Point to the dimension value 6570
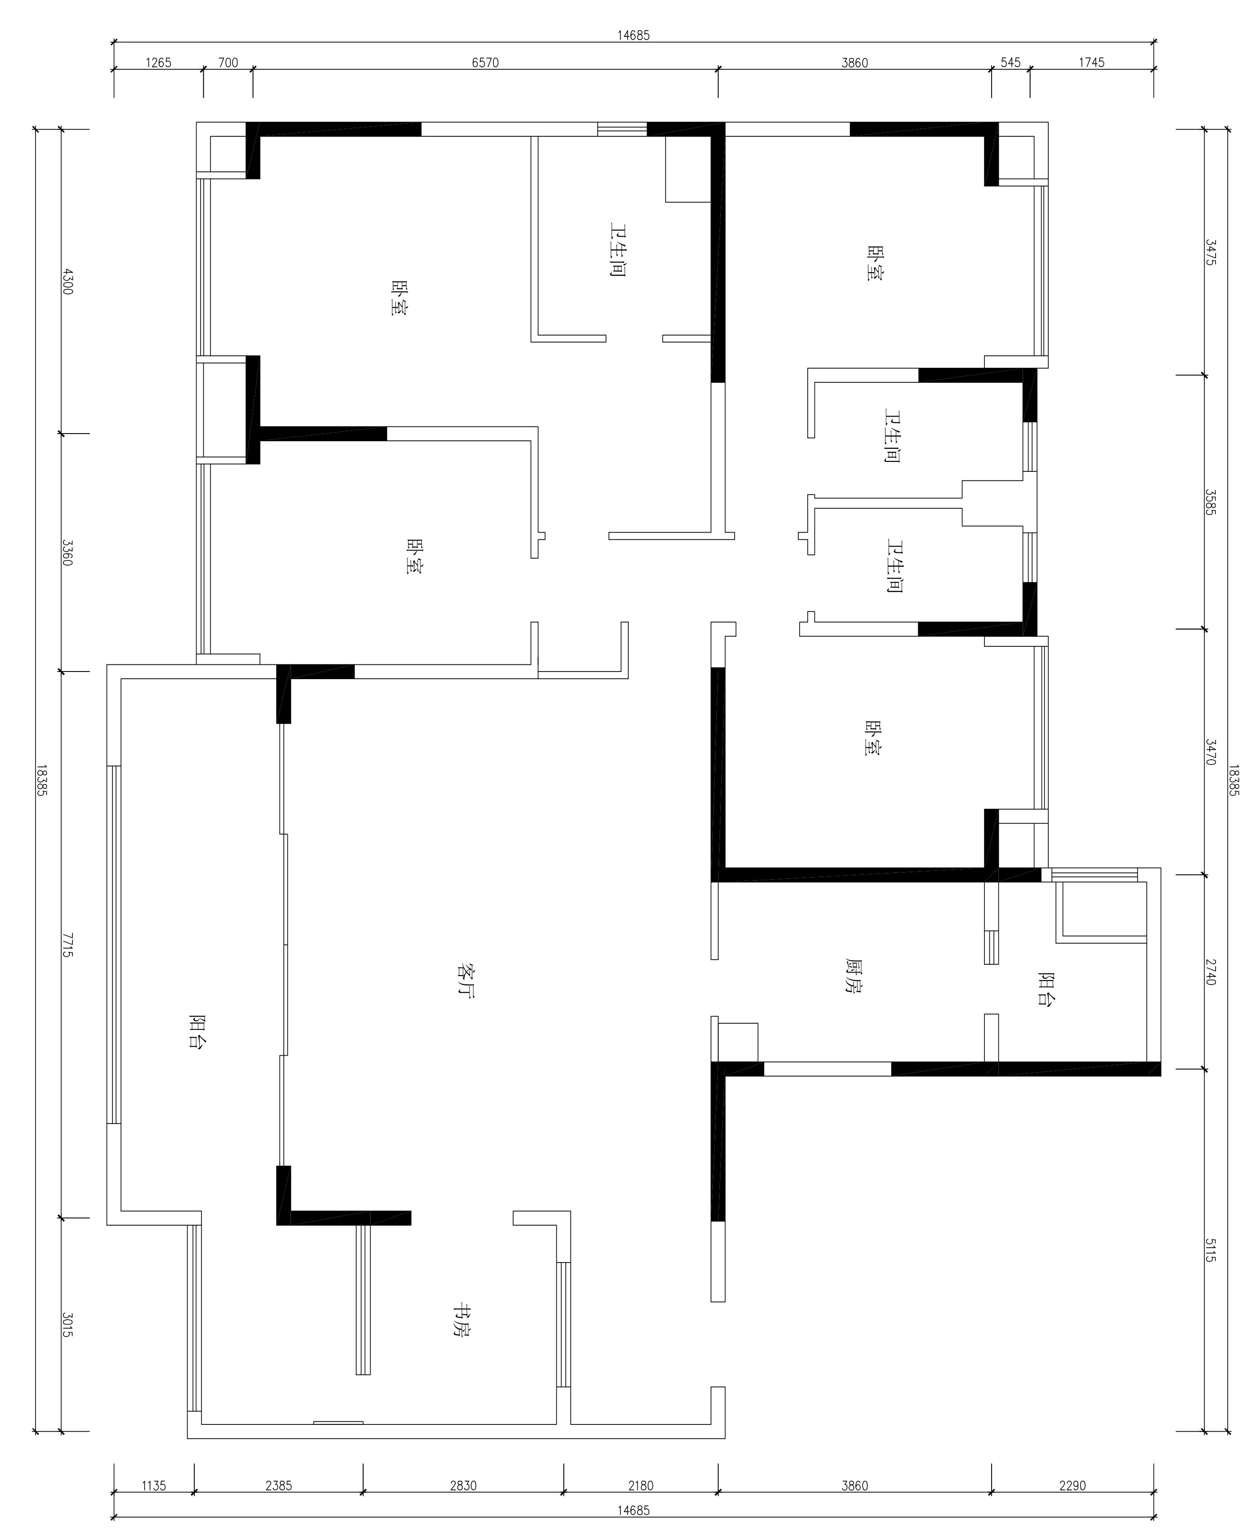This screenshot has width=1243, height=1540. [485, 63]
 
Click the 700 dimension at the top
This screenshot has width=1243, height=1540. [228, 63]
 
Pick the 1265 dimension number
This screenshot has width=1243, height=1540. [158, 63]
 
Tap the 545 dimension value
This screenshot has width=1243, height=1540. [1010, 63]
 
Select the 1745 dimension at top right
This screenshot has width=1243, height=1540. [1091, 63]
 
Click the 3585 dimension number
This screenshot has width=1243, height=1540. [1210, 502]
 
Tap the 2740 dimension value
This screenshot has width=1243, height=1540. [1210, 971]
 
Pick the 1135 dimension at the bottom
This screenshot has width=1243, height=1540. [153, 1480]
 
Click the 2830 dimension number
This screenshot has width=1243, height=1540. [463, 1480]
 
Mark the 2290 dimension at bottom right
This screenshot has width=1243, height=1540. [1073, 1480]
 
